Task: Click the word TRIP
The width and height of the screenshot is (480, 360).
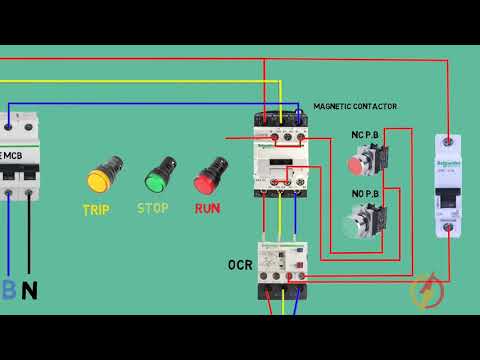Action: (x=96, y=210)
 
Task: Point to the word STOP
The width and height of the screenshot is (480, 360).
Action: (x=152, y=209)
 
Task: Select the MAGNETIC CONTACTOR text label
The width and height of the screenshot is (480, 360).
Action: (x=355, y=106)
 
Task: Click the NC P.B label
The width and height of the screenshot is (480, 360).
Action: (x=366, y=135)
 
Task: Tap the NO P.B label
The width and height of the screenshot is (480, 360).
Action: (x=366, y=193)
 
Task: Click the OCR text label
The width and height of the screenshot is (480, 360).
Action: (x=240, y=265)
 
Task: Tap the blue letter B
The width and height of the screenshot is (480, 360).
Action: (x=8, y=291)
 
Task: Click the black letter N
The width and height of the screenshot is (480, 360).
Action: (x=30, y=291)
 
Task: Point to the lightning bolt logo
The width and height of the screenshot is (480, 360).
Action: (x=427, y=291)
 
